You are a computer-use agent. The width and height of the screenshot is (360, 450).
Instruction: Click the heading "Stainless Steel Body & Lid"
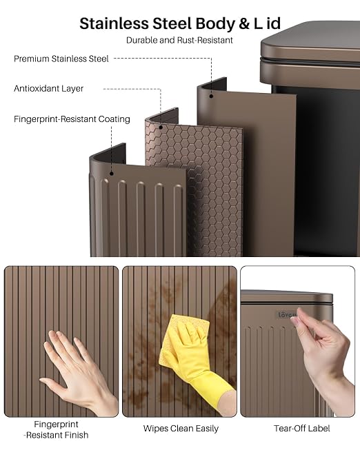[x=180, y=23]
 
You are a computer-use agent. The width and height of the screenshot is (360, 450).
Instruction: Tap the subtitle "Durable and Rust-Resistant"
[x=179, y=40]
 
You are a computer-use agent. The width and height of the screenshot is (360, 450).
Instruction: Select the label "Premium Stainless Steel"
[x=61, y=59]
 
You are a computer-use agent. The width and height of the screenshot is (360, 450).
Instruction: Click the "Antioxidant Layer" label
[x=48, y=88]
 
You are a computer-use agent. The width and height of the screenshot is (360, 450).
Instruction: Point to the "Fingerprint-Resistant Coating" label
[x=72, y=119]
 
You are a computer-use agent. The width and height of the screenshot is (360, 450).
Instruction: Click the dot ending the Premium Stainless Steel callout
[x=211, y=96]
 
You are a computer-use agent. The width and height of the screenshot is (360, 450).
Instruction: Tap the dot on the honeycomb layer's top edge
[x=161, y=127]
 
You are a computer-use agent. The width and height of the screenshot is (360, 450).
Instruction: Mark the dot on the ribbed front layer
[x=112, y=174]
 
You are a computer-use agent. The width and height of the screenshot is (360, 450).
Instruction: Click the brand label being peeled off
[x=288, y=315]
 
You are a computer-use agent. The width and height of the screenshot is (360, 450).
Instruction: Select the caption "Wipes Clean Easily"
[x=181, y=429]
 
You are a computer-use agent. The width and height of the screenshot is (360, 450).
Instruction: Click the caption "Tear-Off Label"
[x=301, y=429]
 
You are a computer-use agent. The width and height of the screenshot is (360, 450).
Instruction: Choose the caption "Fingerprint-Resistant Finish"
[x=57, y=429]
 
